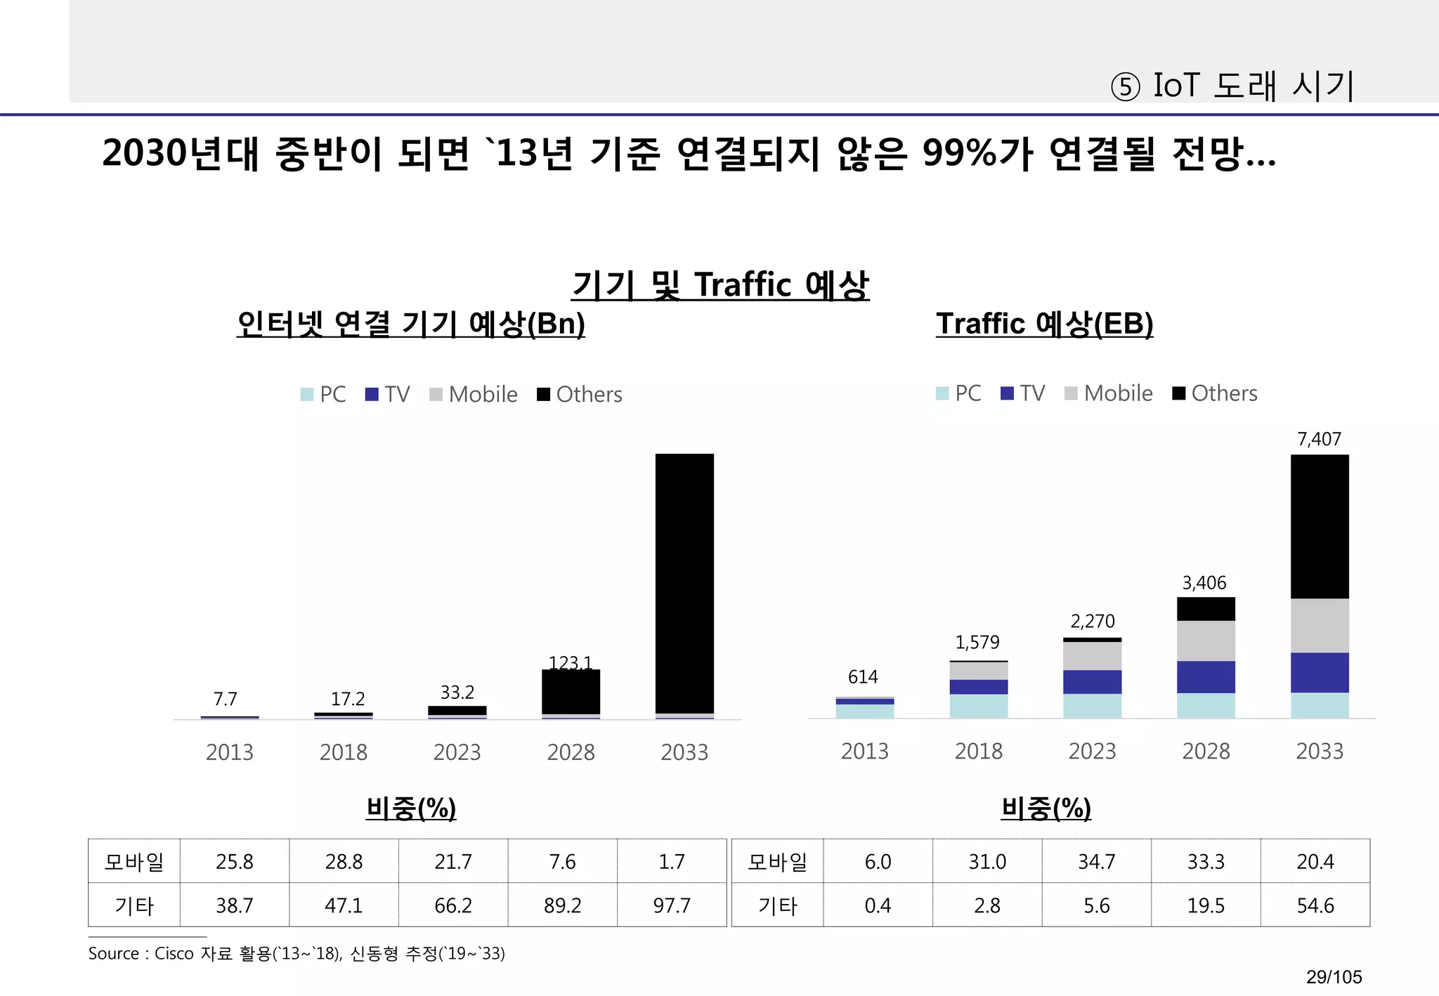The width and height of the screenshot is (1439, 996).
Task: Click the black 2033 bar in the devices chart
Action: [x=684, y=583]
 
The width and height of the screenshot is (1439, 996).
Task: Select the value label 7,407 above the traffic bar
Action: [x=1319, y=440]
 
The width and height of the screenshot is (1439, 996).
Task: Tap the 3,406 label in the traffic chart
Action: [x=1204, y=583]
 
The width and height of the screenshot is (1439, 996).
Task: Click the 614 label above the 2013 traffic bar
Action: [x=863, y=677]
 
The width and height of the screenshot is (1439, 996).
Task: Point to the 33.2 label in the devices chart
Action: [x=457, y=693]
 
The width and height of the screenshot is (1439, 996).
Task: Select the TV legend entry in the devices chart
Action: [x=388, y=395]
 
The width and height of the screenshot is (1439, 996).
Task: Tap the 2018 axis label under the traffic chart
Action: [x=978, y=752]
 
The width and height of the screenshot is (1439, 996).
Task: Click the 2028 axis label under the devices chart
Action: [x=571, y=753]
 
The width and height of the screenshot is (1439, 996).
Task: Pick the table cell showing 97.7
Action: [x=672, y=905]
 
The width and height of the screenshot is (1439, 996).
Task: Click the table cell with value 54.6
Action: [x=1315, y=905]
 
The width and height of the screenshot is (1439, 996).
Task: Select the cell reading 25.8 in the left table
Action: [x=234, y=862]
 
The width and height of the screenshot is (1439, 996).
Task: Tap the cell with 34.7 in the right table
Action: [x=1096, y=862]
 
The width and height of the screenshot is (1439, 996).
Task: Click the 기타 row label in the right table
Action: [x=777, y=905]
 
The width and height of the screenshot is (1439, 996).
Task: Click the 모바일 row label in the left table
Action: [x=134, y=862]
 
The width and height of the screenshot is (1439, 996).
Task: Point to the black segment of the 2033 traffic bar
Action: [x=1320, y=527]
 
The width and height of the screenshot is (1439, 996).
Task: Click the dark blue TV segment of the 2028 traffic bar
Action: [x=1206, y=677]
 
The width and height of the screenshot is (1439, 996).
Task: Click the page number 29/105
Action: [x=1334, y=977]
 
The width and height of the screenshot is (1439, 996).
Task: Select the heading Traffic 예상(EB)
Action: [x=1044, y=324]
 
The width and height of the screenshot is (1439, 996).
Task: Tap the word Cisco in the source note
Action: [x=174, y=954]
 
